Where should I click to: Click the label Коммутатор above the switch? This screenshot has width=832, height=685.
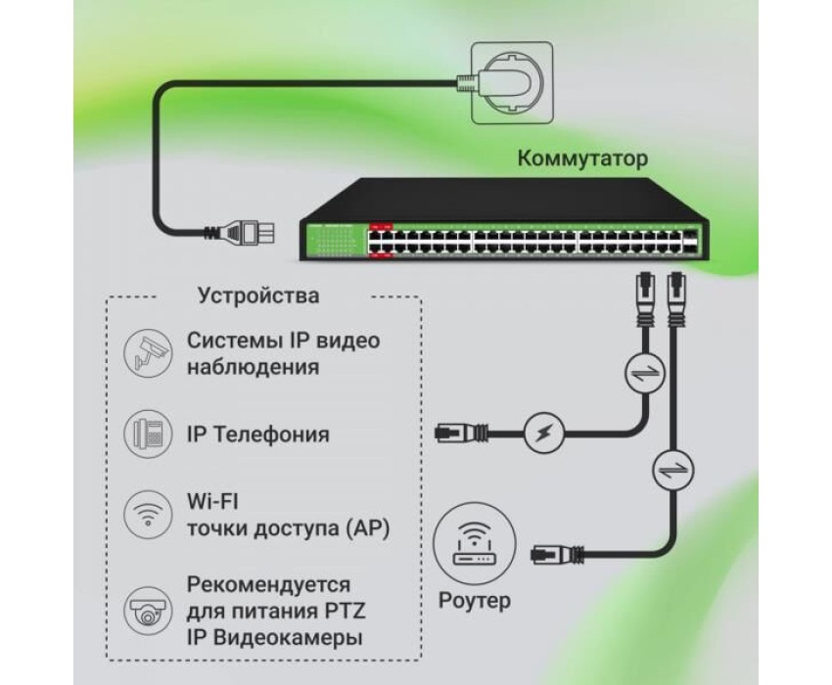point(582,159)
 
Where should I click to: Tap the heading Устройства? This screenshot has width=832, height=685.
point(258,296)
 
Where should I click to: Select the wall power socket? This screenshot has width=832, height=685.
point(512,83)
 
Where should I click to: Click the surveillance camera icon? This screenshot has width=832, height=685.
point(148,353)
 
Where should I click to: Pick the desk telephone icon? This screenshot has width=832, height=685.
point(148,434)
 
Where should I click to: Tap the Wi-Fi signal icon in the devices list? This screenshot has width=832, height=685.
point(148,514)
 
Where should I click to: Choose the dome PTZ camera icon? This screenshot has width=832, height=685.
point(148,611)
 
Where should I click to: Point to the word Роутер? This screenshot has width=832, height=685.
point(475,601)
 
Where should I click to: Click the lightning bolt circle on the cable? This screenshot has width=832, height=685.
point(544,433)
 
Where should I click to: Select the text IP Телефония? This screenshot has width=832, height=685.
point(257,434)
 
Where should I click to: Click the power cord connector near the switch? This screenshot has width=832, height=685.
point(241,232)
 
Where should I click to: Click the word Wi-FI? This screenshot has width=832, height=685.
point(212,501)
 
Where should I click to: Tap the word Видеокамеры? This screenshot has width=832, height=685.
point(287,638)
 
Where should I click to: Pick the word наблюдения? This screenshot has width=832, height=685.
point(254,367)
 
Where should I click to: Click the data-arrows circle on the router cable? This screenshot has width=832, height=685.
point(673,470)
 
